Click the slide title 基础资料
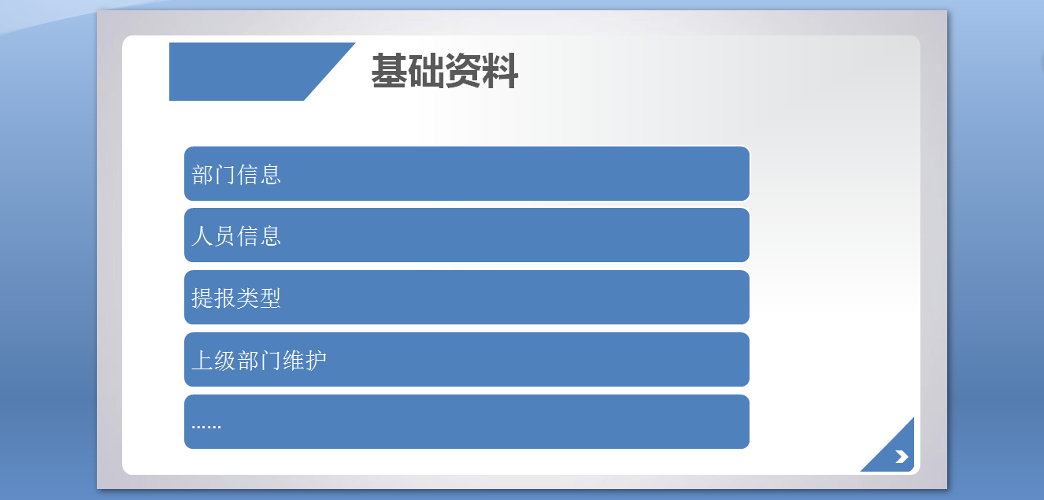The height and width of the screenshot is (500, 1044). pyautogui.click(x=445, y=71)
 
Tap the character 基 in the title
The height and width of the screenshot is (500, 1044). pyautogui.click(x=389, y=71)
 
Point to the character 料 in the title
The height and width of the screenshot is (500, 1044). pyautogui.click(x=500, y=71)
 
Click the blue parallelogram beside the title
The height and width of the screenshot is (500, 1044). pyautogui.click(x=262, y=72)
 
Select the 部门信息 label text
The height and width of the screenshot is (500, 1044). pyautogui.click(x=236, y=175)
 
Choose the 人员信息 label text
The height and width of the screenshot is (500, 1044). pyautogui.click(x=236, y=235)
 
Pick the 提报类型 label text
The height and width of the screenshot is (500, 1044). pyautogui.click(x=236, y=298)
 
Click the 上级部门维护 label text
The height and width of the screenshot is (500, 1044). pyautogui.click(x=259, y=361)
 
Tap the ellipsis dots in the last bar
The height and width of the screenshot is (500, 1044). pyautogui.click(x=206, y=427)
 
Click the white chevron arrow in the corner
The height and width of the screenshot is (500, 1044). pyautogui.click(x=901, y=457)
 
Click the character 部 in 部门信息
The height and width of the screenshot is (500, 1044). pyautogui.click(x=203, y=175)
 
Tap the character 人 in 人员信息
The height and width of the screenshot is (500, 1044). pyautogui.click(x=203, y=235)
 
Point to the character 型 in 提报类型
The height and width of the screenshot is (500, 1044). pyautogui.click(x=270, y=298)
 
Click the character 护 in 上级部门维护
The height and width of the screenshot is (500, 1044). pyautogui.click(x=316, y=361)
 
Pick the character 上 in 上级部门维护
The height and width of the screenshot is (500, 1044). pyautogui.click(x=203, y=361)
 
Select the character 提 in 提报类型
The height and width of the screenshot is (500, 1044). pyautogui.click(x=203, y=298)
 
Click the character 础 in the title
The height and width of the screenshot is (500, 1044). pyautogui.click(x=426, y=71)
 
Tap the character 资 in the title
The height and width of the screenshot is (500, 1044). pyautogui.click(x=463, y=71)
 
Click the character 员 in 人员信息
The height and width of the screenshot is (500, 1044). pyautogui.click(x=225, y=235)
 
